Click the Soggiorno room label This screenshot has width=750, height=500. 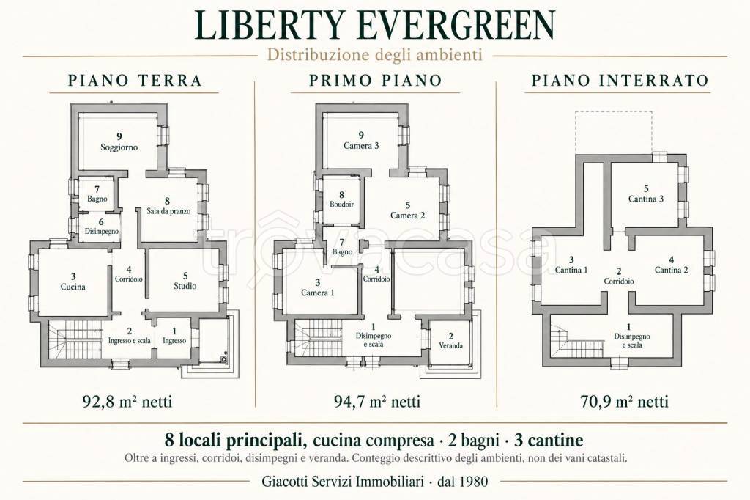coord(119,147)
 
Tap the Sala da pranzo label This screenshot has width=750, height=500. coord(168,210)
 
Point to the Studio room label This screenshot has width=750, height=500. coord(185,286)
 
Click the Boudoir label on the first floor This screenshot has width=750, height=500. coord(341,204)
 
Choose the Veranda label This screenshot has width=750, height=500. coord(450,345)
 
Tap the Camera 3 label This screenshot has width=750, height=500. coord(361,146)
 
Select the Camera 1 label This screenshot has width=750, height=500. coord(318,293)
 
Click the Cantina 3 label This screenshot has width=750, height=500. coord(646,199)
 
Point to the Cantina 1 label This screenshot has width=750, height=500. coord(571,270)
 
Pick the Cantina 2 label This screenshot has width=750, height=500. coord(671,270)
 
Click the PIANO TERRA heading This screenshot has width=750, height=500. coord(135,81)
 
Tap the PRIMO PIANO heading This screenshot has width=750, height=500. coord(376,81)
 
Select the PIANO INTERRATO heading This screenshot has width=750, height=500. coord(620,81)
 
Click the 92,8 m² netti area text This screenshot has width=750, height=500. coord(127,401)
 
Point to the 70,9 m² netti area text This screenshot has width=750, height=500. coord(624,401)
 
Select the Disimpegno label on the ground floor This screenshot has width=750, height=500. coord(101,232)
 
